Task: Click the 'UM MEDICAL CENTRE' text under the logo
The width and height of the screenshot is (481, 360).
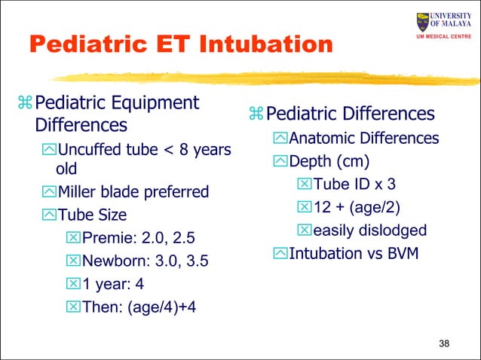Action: tap(444, 38)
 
